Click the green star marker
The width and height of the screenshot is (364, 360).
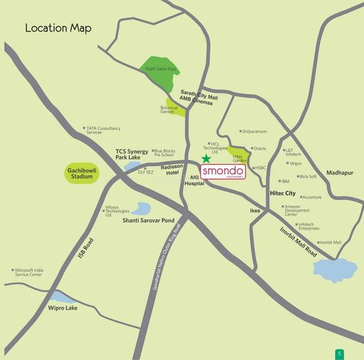pos(206,158)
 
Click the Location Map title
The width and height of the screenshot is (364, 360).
pos(58,28)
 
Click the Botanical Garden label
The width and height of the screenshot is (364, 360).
pos(169,110)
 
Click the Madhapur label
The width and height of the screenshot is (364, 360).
pos(340,172)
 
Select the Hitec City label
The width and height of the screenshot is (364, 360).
pos(283,193)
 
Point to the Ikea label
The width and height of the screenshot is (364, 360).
pos(255,211)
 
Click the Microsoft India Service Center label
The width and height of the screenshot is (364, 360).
pos(37,272)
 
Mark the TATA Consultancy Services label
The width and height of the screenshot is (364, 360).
pos(103,130)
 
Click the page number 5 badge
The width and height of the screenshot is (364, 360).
pos(339,353)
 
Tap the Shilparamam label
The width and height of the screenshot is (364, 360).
pos(254,131)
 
